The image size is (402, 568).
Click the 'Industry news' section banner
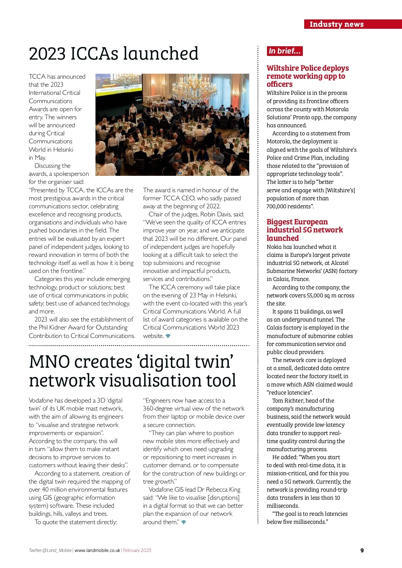(336, 24)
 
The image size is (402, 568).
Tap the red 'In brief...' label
(284, 51)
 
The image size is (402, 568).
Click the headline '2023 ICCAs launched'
(114, 54)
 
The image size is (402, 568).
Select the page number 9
(362, 550)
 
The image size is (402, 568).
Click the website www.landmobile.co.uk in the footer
(97, 550)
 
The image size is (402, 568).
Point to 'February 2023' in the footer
(137, 550)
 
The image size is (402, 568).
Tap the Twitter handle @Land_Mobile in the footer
(50, 550)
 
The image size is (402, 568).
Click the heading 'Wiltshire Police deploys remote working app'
(308, 76)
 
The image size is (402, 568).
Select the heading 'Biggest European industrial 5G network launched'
(305, 230)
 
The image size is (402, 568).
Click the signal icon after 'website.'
(168, 336)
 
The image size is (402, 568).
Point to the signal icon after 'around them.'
(184, 522)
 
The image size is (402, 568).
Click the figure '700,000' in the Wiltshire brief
(277, 206)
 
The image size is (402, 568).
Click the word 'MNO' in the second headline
(49, 362)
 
